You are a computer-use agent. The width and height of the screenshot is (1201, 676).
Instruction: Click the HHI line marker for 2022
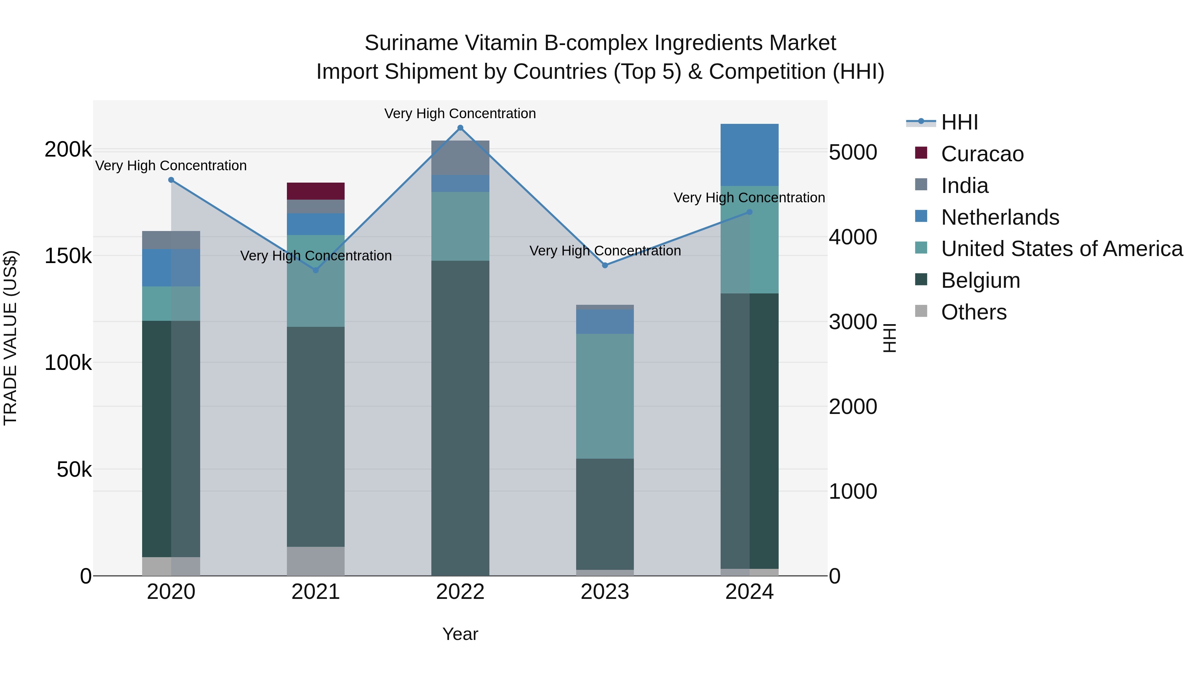[460, 128]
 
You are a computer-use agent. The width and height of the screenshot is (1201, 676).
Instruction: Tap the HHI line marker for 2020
[171, 180]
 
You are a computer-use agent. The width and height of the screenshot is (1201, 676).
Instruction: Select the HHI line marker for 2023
[605, 265]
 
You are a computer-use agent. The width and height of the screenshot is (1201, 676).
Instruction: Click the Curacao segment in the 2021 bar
[316, 191]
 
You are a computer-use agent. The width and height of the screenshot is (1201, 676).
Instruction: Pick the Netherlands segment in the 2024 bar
[749, 155]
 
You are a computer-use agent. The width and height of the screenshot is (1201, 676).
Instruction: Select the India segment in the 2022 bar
[460, 158]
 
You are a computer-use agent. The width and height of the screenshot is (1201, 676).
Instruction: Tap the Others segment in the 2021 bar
[316, 561]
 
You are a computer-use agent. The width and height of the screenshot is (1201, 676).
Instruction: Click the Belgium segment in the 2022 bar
[460, 418]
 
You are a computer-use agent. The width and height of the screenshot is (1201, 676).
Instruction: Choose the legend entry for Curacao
[982, 154]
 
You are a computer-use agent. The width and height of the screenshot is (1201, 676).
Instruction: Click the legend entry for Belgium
[980, 280]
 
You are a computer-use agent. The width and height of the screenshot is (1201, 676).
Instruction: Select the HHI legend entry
[959, 122]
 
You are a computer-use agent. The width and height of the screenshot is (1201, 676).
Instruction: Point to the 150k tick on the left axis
[68, 256]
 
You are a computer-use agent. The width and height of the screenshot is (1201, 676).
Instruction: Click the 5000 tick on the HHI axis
[853, 153]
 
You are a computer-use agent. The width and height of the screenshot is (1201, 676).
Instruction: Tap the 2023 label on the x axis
[605, 592]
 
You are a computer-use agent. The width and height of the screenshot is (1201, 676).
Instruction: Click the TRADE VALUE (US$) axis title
[10, 338]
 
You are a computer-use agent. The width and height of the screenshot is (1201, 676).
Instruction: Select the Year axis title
[460, 634]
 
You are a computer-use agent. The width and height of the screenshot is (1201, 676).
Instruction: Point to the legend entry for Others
[973, 312]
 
